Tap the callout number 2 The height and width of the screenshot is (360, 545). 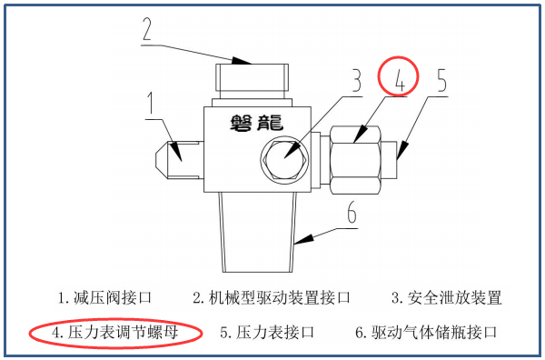pos(147,29)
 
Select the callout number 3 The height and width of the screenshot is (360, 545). pos(357,81)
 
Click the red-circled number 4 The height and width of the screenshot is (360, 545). pos(400,81)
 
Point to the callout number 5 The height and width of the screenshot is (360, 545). pos(441,80)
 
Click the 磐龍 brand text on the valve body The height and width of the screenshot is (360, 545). pos(256,123)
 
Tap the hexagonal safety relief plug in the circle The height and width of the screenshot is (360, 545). pos(284,158)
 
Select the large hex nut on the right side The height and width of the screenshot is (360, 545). pos(355,160)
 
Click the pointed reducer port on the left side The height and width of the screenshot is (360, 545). pos(179,160)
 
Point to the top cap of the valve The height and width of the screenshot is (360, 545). pos(252,77)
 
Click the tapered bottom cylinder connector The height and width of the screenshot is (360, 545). pos(258,232)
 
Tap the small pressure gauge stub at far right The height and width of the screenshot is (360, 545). pos(390,160)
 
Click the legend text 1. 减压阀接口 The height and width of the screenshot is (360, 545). pos(105,298)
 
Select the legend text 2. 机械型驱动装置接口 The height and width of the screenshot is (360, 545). pos(272,298)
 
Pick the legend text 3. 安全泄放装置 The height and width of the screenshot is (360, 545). pos(447,298)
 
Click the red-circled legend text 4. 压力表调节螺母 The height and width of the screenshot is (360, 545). pos(115,332)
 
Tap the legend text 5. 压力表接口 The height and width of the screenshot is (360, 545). pos(267,332)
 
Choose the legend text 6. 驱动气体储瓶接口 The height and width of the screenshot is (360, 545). pos(426,332)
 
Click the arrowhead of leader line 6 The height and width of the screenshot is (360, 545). pos(303,239)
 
